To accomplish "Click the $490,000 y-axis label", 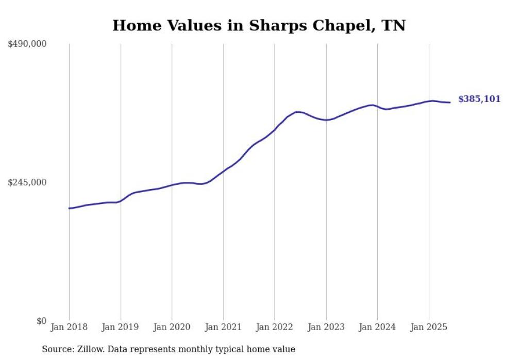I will click(x=27, y=44).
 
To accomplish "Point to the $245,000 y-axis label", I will click(x=27, y=182).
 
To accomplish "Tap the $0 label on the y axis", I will click(x=42, y=321).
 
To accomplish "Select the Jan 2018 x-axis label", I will click(x=69, y=327).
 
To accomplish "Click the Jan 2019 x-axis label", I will click(x=121, y=327).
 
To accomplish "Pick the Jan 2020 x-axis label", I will click(x=172, y=327).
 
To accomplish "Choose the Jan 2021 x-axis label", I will click(x=223, y=327).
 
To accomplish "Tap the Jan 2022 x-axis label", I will click(x=275, y=327).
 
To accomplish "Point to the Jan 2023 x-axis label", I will click(x=326, y=327).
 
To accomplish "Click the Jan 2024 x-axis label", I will click(x=377, y=327).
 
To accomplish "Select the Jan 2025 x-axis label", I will click(x=429, y=327).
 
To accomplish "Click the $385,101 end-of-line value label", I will click(x=479, y=99).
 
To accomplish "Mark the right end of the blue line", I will click(x=450, y=102).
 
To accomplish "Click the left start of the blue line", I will click(x=69, y=208).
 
